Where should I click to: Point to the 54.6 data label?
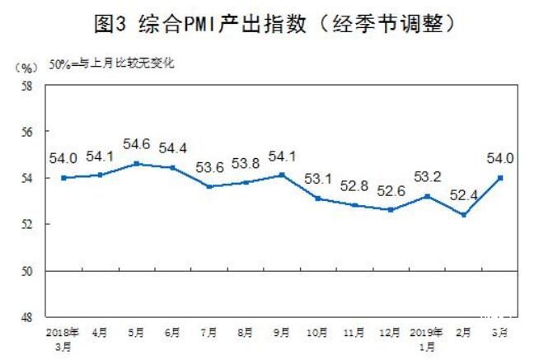(x=136, y=144)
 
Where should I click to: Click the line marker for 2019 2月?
(x=465, y=215)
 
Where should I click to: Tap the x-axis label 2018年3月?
(x=63, y=339)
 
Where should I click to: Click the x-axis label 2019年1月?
(x=428, y=339)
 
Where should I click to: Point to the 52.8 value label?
(x=355, y=186)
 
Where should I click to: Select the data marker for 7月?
(x=209, y=187)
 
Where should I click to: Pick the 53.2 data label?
(x=427, y=176)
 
